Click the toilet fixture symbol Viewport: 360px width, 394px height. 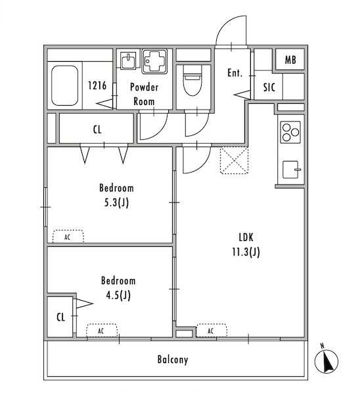point(193,80)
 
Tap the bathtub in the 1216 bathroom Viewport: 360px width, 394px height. point(64,85)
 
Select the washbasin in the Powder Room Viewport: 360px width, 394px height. point(128,60)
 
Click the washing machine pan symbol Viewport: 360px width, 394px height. point(154,61)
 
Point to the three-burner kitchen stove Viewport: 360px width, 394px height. point(290,132)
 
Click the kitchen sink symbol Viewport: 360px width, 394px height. point(291,169)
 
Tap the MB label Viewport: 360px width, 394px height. point(290,60)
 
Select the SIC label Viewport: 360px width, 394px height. point(269,87)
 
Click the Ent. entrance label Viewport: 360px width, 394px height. point(235,73)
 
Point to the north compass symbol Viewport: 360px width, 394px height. point(326,361)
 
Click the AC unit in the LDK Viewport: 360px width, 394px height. point(212,330)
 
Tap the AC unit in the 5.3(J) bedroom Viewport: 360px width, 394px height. point(68,236)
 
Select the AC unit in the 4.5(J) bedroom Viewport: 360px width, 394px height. point(102,330)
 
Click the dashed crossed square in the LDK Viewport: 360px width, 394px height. point(235,160)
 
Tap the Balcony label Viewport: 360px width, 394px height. point(173,360)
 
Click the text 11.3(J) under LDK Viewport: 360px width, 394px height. point(246,252)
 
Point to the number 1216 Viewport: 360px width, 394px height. point(97,85)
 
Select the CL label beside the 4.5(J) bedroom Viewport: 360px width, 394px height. point(61,317)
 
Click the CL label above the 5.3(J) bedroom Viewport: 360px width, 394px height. point(97,129)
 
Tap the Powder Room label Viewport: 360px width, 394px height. point(144,94)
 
